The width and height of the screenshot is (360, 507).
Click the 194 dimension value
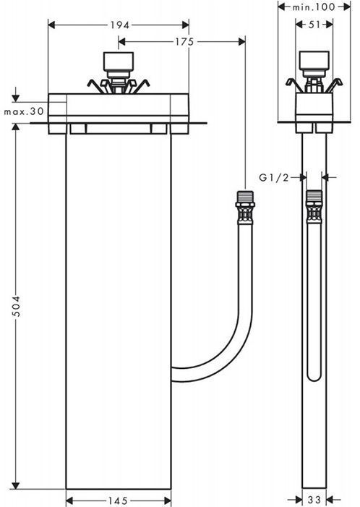point(120,25)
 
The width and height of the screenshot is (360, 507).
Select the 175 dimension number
point(184,42)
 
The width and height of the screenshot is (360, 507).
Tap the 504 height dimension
point(15,305)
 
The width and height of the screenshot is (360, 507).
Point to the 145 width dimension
point(119,500)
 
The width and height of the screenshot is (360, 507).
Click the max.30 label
point(24,111)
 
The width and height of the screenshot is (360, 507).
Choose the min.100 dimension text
point(314,7)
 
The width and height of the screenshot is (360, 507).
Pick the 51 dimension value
point(314,25)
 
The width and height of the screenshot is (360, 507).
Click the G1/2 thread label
point(274,177)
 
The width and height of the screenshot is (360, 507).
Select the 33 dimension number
point(314,500)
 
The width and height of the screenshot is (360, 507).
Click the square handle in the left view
point(119,61)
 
